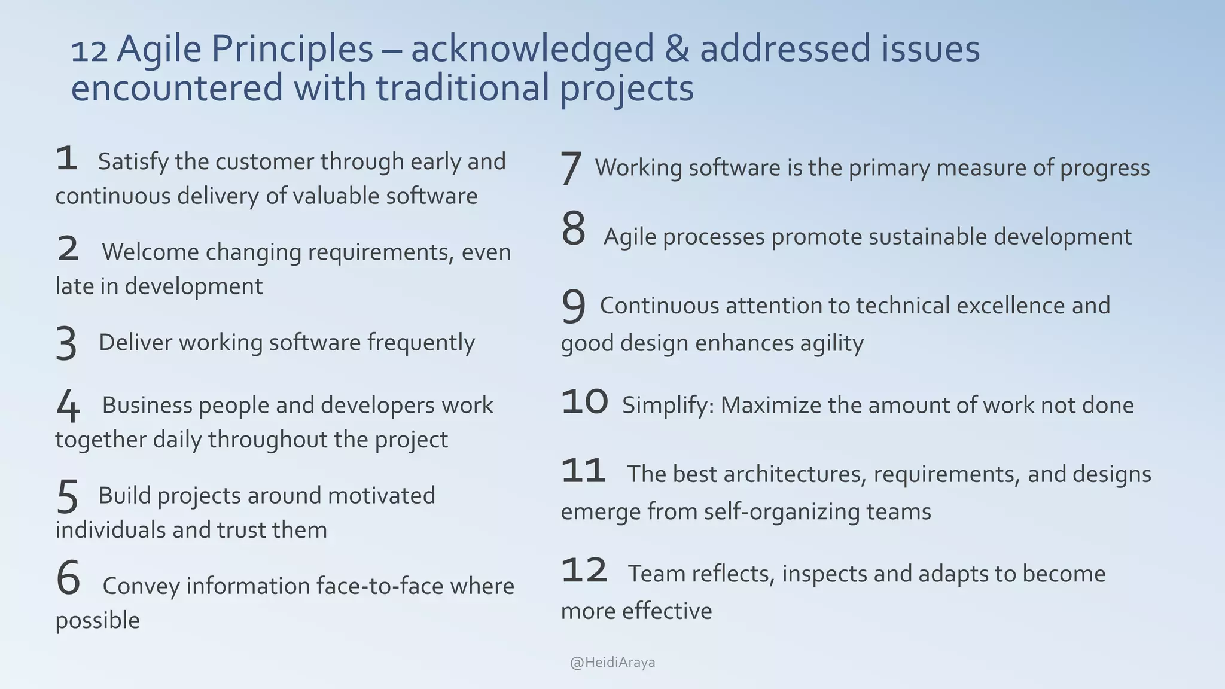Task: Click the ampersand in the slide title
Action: [676, 50]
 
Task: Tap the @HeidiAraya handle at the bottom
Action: [612, 663]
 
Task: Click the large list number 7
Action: [571, 168]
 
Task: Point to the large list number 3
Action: [66, 344]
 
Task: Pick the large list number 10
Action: [584, 402]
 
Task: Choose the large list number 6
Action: [68, 578]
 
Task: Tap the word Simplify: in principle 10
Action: [668, 406]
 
